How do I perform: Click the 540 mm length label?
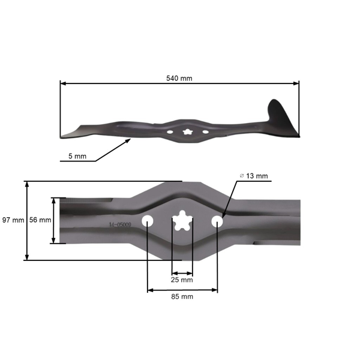coord(179,79)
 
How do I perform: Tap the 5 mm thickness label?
coord(77,156)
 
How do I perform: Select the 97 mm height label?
coord(13,220)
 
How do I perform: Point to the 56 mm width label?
coord(41,220)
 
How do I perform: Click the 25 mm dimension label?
coord(182,280)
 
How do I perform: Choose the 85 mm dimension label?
coord(182,296)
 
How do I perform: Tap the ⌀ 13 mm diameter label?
coord(253,176)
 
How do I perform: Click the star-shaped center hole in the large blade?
coord(182,221)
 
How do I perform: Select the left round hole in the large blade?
coord(147,221)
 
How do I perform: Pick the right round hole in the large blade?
coord(217,221)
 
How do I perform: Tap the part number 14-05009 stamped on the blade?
coord(120,226)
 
